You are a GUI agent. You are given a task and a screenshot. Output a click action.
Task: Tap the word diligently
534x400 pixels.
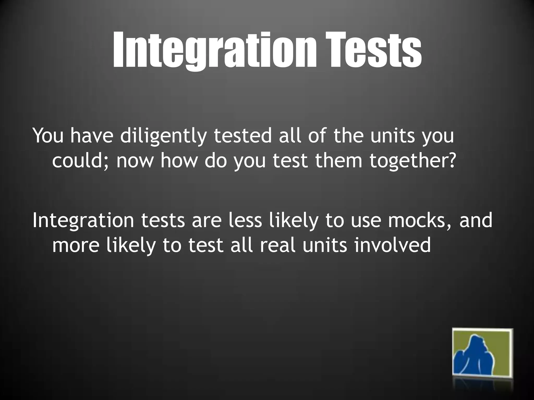coord(163,136)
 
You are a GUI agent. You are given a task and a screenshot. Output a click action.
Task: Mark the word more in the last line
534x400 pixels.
coord(76,246)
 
